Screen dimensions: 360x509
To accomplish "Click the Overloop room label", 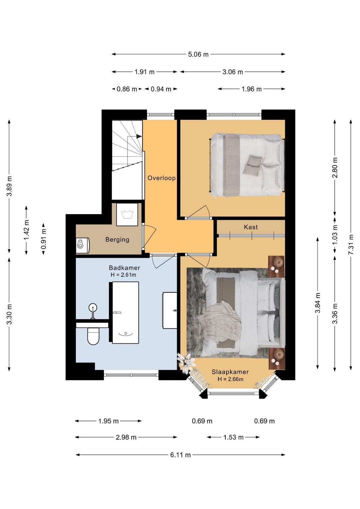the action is pos(161,178).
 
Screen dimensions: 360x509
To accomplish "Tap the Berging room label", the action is pos(117,239).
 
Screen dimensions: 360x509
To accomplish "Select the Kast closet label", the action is pos(251,227).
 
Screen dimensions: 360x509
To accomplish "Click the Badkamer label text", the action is pos(124,268).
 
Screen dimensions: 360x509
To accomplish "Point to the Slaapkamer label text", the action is pos(230,372).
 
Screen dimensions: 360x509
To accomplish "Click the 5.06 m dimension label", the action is pos(198,55).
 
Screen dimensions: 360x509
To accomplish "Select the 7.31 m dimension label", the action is pos(351,244).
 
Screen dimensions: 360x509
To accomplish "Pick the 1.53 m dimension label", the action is pos(233,437).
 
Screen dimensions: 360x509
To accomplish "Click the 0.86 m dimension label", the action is pos(127,89).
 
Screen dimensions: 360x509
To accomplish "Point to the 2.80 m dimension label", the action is pos(335,167).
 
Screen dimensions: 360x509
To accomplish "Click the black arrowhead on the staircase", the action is pos(139,136).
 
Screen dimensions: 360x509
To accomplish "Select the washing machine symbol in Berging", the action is pos(127,214).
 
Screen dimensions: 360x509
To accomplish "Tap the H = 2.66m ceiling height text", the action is pos(230,379).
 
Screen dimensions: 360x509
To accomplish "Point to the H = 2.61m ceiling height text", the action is pos(123,275).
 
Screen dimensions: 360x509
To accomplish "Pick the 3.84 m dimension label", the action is pos(318,303).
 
